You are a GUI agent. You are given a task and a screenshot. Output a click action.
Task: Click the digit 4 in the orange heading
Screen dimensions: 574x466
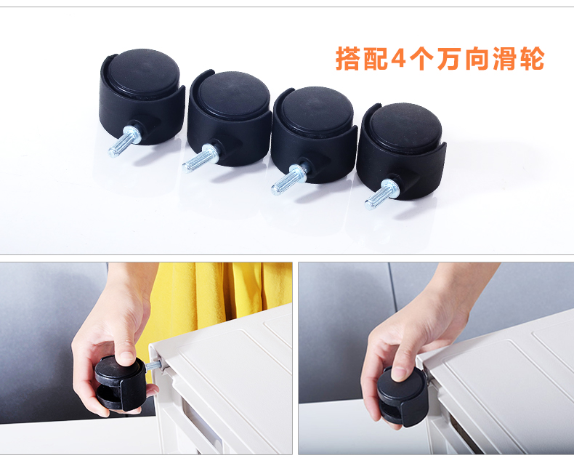pos(398,58)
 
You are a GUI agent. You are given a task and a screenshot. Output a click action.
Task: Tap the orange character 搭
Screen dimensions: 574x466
pos(348,58)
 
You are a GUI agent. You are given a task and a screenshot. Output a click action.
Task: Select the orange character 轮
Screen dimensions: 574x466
pos(532,58)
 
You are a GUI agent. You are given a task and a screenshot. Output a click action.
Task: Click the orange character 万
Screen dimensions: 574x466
pos(449,58)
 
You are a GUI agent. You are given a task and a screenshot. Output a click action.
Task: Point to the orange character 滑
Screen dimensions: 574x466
pos(504,58)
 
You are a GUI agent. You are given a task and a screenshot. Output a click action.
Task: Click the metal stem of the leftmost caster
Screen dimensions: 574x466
pos(124,141)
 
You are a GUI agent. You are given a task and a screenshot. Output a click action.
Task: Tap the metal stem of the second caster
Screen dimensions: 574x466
pos(201,158)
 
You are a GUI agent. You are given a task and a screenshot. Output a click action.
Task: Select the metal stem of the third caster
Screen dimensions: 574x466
pos(289,180)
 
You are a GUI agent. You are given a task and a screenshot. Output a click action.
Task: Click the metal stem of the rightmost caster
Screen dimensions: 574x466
pos(381,195)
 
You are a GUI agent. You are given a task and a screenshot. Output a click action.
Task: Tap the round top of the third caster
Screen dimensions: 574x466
pos(317,108)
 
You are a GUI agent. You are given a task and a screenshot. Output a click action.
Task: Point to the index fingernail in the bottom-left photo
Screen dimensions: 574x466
pos(127,357)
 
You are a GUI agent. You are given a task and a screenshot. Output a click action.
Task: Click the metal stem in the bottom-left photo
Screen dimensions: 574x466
pos(153,365)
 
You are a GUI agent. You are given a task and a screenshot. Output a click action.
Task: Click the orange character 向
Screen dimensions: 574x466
pos(477,58)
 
